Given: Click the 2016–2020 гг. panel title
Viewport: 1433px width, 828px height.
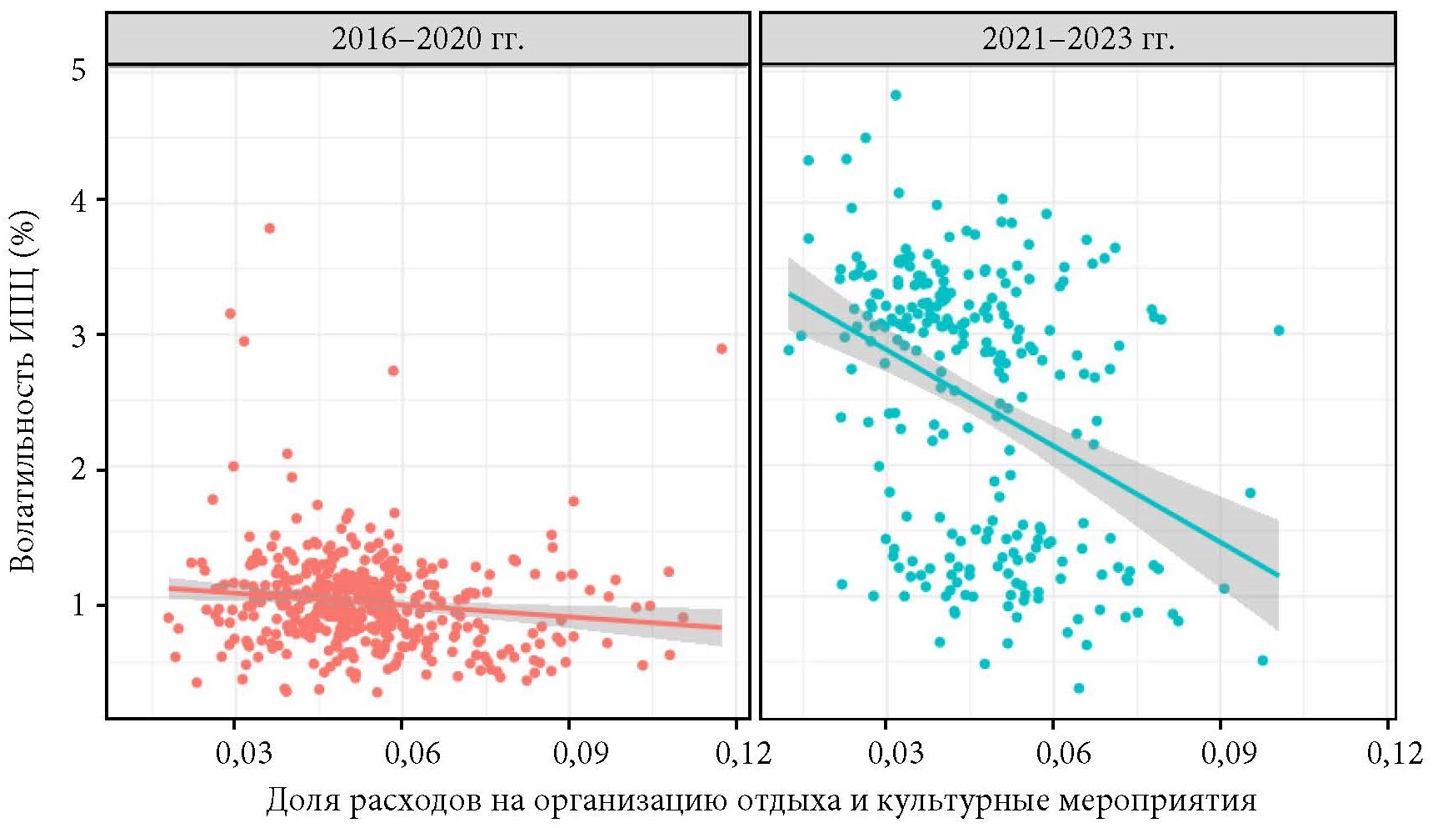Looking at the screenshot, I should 427,39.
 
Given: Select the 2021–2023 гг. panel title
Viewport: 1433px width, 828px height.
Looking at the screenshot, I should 1078,39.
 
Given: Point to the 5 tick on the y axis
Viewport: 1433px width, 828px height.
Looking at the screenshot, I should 78,70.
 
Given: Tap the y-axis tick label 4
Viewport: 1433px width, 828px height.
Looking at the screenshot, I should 78,201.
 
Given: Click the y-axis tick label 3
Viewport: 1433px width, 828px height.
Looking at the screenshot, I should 78,335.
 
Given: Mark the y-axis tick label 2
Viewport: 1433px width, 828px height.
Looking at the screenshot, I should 78,470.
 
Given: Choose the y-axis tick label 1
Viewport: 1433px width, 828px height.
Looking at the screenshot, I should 78,605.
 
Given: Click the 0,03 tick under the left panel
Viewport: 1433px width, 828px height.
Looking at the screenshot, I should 243,753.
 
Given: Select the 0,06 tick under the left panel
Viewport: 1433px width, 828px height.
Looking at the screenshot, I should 412,753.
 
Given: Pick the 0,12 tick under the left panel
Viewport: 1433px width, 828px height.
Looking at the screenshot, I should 742,753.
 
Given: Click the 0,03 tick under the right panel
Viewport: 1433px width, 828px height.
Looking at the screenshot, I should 895,753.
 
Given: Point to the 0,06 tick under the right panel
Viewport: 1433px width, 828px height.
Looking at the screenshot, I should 1063,753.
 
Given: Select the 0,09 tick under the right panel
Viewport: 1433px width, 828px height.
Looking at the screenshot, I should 1229,753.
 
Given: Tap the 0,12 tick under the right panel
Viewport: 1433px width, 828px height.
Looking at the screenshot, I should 1395,753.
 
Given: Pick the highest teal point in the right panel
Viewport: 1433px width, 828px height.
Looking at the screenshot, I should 896,95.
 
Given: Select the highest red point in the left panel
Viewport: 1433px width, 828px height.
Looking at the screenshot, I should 269,228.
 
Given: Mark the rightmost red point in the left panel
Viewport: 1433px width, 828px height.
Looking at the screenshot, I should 721,349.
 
